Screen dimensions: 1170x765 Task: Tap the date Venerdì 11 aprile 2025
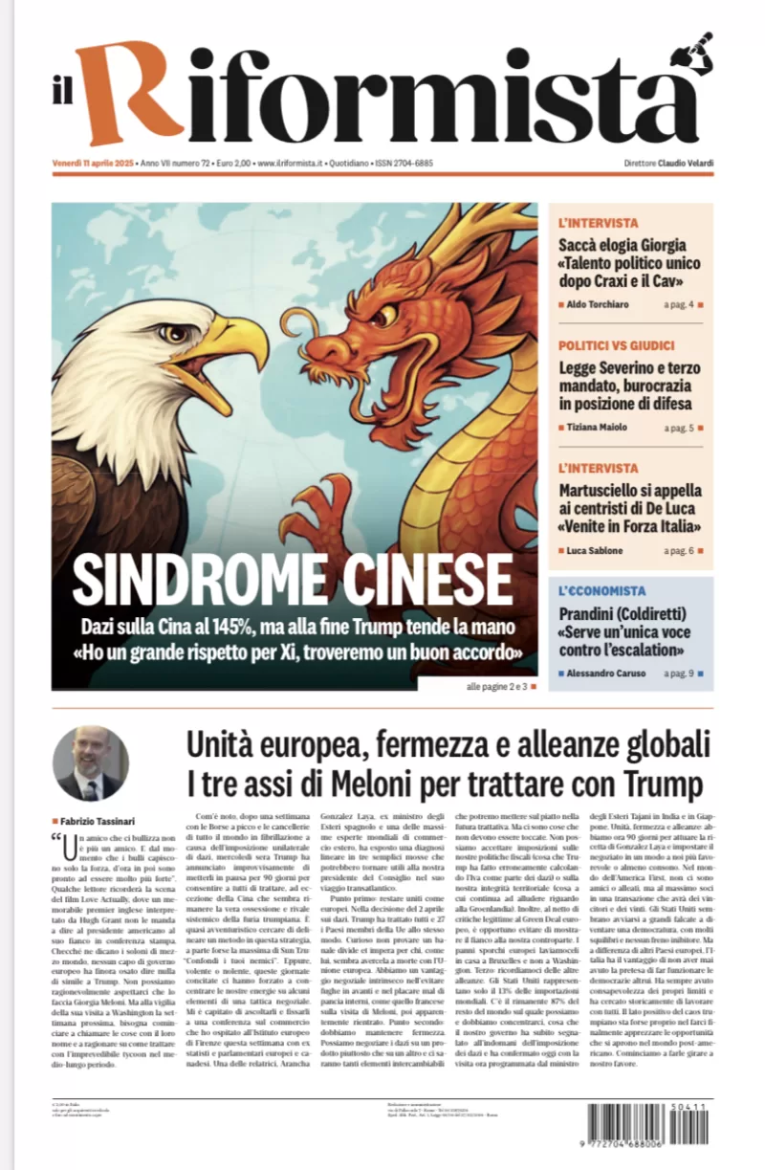[94, 163]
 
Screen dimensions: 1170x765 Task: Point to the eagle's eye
[174, 333]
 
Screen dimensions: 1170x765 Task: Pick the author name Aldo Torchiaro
[599, 304]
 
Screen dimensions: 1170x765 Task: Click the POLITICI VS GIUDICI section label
[617, 344]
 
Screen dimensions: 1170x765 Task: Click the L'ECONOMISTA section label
[602, 591]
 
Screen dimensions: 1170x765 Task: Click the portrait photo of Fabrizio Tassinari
[90, 763]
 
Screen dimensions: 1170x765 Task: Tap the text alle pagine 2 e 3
[496, 686]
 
